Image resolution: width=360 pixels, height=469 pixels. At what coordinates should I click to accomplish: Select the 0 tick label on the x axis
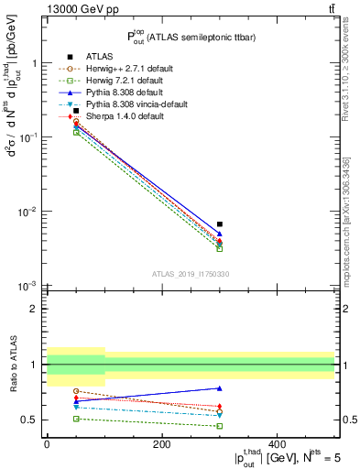(47, 444)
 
